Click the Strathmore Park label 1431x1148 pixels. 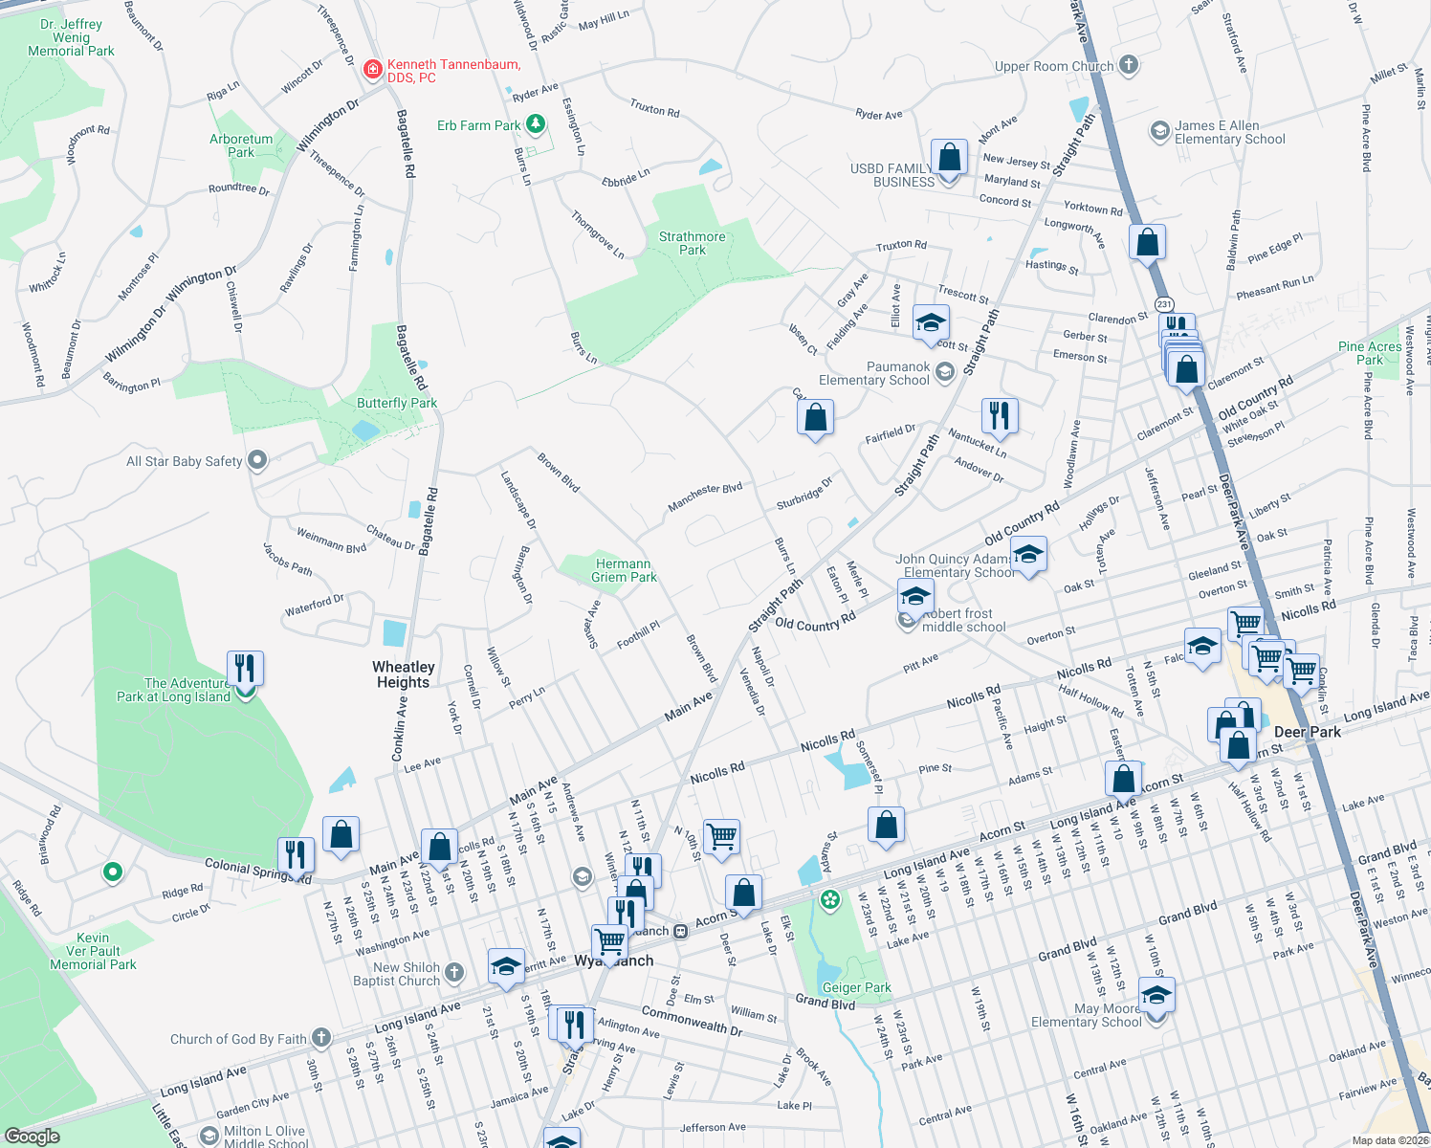pos(692,243)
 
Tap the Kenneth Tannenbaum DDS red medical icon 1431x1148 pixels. pos(373,70)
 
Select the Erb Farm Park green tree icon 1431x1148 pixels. pos(536,124)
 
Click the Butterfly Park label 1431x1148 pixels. pos(397,403)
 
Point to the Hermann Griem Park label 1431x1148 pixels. pos(624,570)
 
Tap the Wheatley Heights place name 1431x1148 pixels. pos(404,674)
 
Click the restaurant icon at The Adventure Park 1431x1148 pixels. pos(245,668)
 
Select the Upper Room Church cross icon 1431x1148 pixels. pos(1129,65)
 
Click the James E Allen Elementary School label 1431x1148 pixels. pos(1230,132)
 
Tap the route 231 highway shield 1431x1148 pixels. pos(1163,304)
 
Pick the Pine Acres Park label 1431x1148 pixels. pos(1370,353)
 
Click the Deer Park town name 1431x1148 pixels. pos(1308,732)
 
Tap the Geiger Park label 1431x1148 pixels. pos(856,987)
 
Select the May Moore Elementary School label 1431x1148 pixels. pos(1087,1015)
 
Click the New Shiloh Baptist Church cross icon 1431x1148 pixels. pos(454,973)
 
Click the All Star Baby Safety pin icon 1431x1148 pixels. pos(257,460)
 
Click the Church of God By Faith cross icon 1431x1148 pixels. pos(321,1037)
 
